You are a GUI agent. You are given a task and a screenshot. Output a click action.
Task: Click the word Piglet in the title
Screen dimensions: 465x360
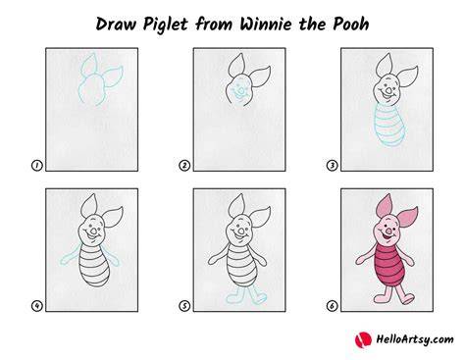pyautogui.click(x=165, y=25)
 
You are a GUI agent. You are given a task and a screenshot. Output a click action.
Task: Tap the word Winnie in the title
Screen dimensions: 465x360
pyautogui.click(x=265, y=25)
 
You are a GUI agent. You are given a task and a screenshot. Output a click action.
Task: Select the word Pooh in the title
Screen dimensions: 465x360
pyautogui.click(x=351, y=25)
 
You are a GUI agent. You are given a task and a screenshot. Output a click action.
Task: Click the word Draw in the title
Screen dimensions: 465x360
pyautogui.click(x=116, y=25)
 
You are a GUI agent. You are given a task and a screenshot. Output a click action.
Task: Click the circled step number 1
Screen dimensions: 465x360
pyautogui.click(x=36, y=166)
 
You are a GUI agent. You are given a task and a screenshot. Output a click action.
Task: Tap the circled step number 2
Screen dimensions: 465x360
pyautogui.click(x=184, y=166)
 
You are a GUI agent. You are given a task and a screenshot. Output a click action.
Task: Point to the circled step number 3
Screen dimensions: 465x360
pyautogui.click(x=332, y=166)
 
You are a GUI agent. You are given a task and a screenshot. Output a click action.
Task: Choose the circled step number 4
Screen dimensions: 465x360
pyautogui.click(x=36, y=306)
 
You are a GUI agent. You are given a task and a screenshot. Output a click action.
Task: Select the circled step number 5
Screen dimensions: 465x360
pyautogui.click(x=184, y=306)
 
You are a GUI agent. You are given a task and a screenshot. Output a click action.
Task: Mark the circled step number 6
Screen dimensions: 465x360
pyautogui.click(x=332, y=306)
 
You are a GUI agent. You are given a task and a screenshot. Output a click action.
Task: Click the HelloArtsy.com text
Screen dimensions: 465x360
pyautogui.click(x=415, y=339)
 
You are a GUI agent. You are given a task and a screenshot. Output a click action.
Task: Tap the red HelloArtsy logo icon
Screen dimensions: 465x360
pyautogui.click(x=363, y=340)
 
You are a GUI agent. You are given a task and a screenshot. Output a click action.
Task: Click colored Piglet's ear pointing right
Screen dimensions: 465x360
pyautogui.click(x=408, y=217)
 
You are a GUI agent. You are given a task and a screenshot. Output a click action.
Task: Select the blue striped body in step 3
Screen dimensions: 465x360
pyautogui.click(x=389, y=126)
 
